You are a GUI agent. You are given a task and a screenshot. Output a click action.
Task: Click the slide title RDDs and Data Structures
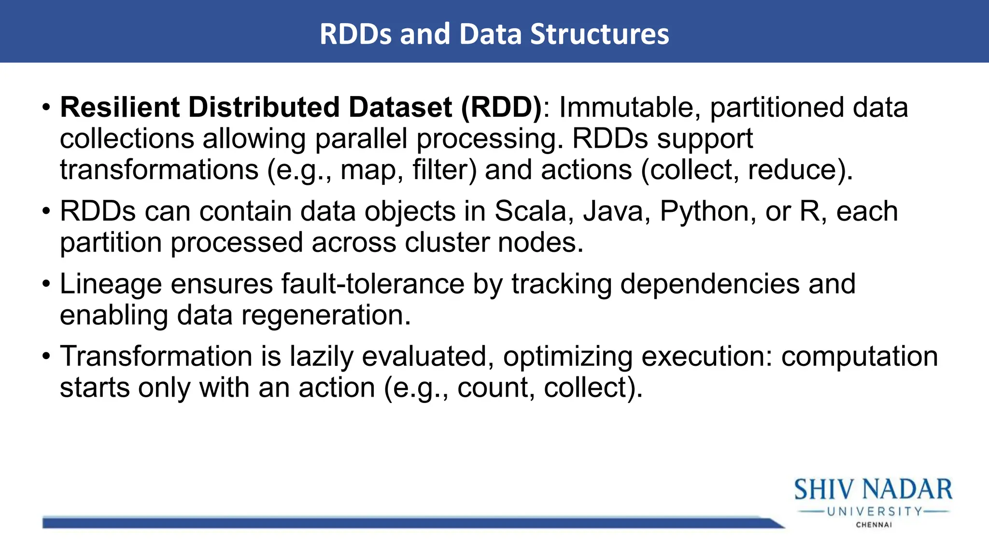click(x=494, y=34)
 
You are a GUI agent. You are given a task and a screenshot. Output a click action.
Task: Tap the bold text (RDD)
click(x=502, y=107)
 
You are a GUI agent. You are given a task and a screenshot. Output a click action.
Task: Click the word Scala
click(x=530, y=211)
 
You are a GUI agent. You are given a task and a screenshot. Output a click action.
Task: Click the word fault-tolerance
click(x=372, y=284)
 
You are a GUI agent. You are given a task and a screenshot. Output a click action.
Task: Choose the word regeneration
click(x=325, y=316)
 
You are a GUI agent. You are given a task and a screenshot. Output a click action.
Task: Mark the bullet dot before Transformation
click(x=46, y=356)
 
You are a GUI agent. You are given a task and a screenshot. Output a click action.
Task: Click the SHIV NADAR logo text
click(x=873, y=489)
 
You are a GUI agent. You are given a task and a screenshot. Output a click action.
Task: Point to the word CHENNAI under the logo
click(x=874, y=525)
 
